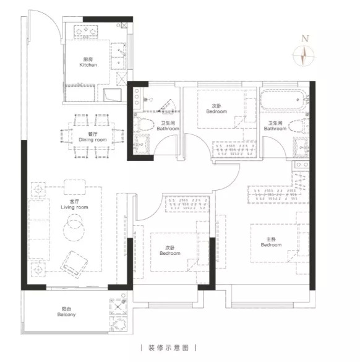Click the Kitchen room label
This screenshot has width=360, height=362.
[x=88, y=62]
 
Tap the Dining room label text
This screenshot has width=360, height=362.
[x=93, y=137]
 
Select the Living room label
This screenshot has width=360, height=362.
[x=74, y=204]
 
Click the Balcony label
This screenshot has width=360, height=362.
[x=66, y=312]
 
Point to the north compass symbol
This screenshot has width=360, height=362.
[x=304, y=56]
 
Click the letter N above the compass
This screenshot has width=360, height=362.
[x=305, y=38]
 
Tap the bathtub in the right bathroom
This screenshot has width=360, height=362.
[x=283, y=100]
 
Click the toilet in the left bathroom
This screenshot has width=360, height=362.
[x=144, y=124]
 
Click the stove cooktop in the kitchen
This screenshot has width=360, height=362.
[x=86, y=32]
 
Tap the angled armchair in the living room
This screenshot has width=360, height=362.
[x=74, y=265]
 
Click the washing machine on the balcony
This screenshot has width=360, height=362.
[x=118, y=324]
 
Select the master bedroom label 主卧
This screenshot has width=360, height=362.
[x=271, y=239]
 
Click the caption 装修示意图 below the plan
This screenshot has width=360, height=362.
[x=168, y=348]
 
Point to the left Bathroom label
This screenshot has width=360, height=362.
[x=168, y=126]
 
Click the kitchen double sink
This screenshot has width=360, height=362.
[x=118, y=56]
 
